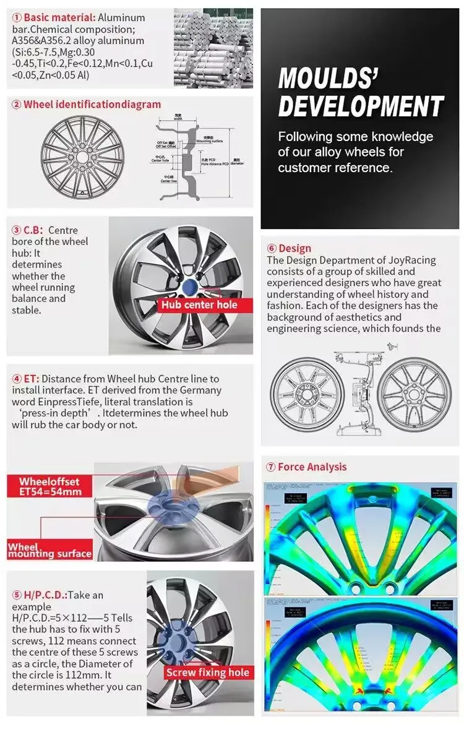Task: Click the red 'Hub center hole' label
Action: click(x=199, y=304)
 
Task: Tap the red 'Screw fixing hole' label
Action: click(x=207, y=673)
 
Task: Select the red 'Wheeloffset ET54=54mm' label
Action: click(x=49, y=486)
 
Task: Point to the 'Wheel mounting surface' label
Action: click(x=49, y=550)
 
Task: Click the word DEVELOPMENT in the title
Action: click(x=361, y=106)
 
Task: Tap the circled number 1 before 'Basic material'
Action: click(x=17, y=17)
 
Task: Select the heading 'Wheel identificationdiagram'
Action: click(x=92, y=105)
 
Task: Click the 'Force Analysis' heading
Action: click(x=312, y=467)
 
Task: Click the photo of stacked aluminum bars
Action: click(x=213, y=48)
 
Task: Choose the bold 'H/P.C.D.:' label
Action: click(x=45, y=595)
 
